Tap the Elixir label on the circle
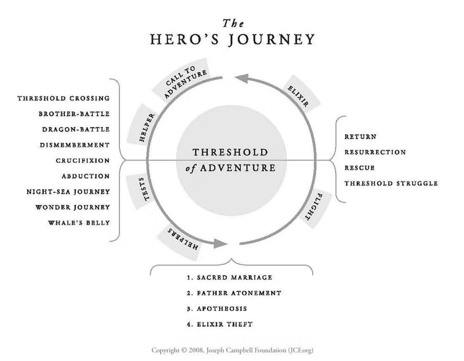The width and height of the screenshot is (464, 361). [298, 96]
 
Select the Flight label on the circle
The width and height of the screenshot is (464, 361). [315, 207]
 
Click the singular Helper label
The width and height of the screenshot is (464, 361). [147, 127]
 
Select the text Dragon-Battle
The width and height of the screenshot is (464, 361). [76, 129]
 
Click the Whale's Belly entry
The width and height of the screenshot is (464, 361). [79, 223]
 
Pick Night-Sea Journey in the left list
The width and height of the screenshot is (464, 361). [68, 192]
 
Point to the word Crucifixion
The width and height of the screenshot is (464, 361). [83, 160]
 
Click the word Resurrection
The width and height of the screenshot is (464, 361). [375, 152]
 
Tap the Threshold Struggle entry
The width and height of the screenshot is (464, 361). [391, 183]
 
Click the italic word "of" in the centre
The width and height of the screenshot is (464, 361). [191, 168]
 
